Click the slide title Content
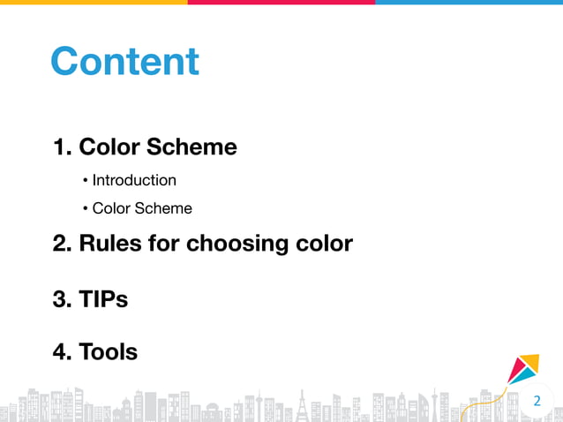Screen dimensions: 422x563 [x=124, y=62]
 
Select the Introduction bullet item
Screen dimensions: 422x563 [x=134, y=180]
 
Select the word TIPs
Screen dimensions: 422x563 [x=103, y=299]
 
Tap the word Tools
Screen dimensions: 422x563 [x=108, y=352]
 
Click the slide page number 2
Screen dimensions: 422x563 [x=536, y=403]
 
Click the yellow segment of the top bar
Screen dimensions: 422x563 [x=94, y=3]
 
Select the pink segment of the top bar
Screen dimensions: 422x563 [x=281, y=3]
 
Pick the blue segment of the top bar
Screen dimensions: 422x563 [x=469, y=3]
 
